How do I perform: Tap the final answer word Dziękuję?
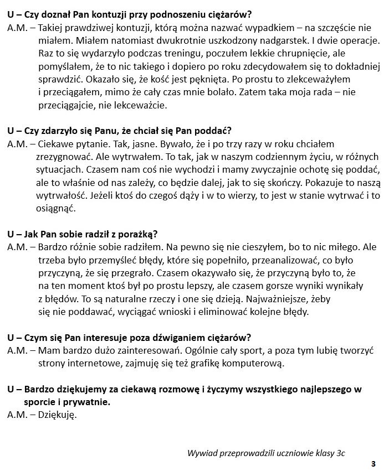click(57, 415)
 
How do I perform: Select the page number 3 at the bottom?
click(373, 464)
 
